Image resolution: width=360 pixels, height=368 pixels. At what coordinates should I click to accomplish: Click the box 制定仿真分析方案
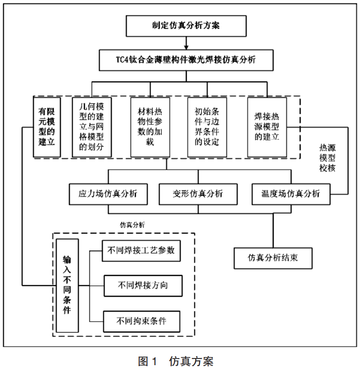click(x=186, y=26)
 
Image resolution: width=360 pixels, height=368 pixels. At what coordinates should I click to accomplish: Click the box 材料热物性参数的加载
click(x=150, y=127)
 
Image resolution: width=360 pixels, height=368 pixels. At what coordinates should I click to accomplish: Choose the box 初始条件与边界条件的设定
click(x=207, y=127)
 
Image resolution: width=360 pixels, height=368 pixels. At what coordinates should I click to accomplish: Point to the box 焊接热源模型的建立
click(x=267, y=127)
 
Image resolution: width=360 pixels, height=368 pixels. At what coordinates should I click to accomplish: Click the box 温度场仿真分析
click(x=291, y=194)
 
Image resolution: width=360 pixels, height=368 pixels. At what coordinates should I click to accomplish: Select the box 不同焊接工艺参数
click(x=142, y=250)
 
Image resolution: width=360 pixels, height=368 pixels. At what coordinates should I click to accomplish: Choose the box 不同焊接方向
click(x=143, y=285)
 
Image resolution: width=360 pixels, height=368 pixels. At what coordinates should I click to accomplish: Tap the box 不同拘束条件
click(x=142, y=321)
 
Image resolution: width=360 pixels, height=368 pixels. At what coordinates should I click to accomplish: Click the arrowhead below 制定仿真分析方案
click(x=186, y=46)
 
